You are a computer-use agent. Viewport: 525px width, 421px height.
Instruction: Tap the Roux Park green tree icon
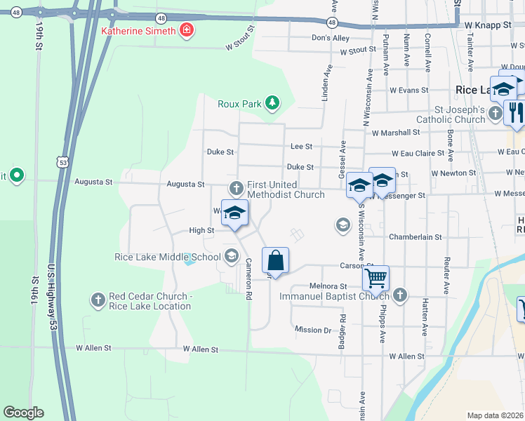point(272,104)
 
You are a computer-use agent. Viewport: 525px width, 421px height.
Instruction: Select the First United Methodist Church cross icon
point(237,188)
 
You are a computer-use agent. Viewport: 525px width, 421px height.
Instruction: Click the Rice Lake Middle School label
point(168,257)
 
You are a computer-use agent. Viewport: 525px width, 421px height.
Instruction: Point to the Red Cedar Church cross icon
point(98,300)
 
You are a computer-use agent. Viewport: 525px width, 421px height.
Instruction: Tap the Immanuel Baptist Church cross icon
point(400,295)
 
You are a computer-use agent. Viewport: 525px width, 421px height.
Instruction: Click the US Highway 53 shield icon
point(63,162)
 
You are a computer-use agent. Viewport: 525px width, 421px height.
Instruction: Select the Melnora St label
point(328,286)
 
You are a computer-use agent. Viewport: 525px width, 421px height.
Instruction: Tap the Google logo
point(23,413)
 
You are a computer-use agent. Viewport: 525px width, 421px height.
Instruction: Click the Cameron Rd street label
point(248,280)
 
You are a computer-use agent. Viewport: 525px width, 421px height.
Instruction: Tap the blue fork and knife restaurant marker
point(514,112)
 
